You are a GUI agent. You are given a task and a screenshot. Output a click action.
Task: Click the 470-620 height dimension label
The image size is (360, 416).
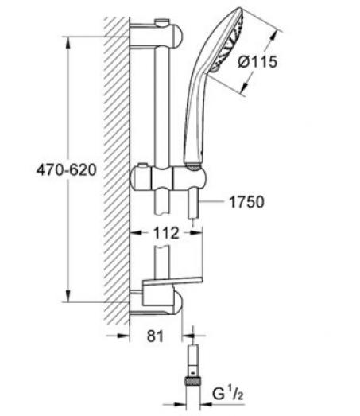(67, 169)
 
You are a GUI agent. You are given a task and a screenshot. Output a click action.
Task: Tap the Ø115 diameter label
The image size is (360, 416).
(257, 61)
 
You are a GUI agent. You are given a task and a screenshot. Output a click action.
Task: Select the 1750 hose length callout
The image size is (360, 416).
(246, 202)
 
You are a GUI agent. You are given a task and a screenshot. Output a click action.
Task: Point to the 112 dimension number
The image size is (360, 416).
(166, 233)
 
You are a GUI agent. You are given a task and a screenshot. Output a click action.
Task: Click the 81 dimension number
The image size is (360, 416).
(155, 336)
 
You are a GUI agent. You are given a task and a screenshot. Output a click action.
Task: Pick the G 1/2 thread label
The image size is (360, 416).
(228, 394)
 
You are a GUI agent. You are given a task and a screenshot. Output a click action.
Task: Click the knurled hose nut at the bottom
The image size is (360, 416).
(193, 381)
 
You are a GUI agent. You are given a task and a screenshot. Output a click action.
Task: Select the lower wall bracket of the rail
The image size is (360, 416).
(157, 301)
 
